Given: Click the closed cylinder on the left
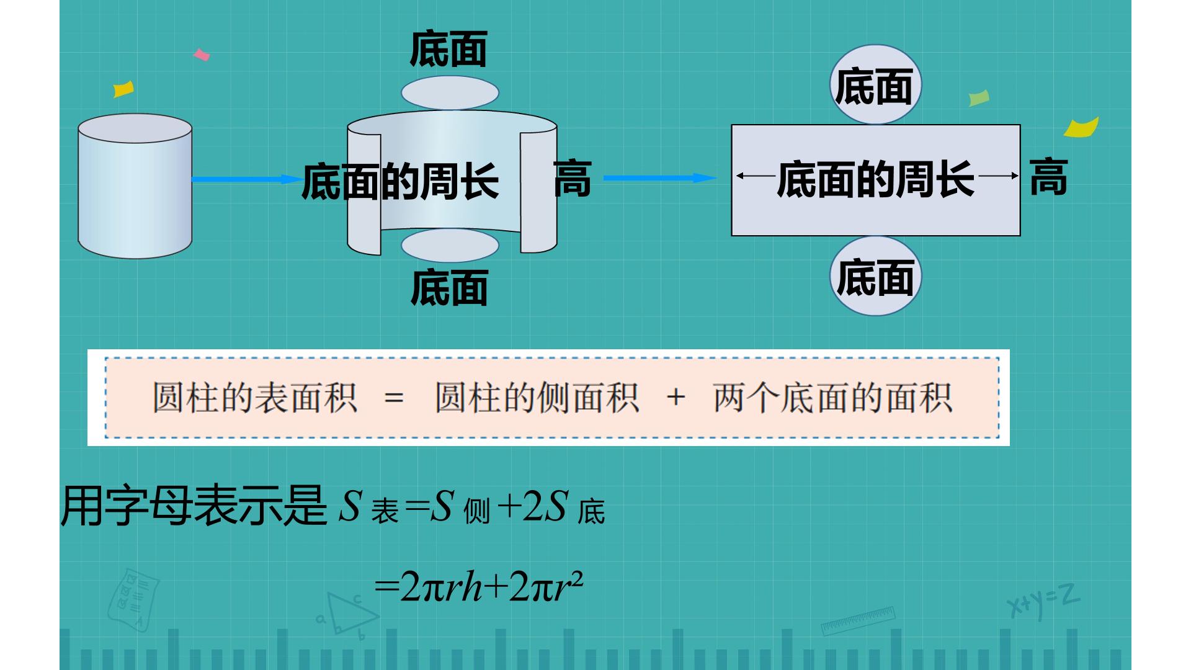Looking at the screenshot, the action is point(135,186).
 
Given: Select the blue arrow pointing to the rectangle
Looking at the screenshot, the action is point(660,178).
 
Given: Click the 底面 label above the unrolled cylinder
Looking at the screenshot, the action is point(448,49).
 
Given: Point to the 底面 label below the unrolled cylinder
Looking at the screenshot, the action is point(449,288).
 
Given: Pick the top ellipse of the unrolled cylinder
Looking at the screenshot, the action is point(450,93).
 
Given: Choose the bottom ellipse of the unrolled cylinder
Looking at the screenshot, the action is point(450,245).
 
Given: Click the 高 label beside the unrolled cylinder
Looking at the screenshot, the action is point(572,179).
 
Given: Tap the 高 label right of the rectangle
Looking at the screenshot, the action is point(1048,177).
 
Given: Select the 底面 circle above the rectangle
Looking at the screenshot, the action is point(875,84).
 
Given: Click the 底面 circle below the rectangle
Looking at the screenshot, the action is point(875,276).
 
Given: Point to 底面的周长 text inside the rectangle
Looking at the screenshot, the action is point(875,180).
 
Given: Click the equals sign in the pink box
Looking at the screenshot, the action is point(394,398).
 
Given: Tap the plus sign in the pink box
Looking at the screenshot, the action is point(676,397).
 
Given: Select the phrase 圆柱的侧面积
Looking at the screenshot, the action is point(537,398).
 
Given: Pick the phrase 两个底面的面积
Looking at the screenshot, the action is point(833,398).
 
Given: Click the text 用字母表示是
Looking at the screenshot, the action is point(194,506).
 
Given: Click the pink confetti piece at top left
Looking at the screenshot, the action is point(202,55).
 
